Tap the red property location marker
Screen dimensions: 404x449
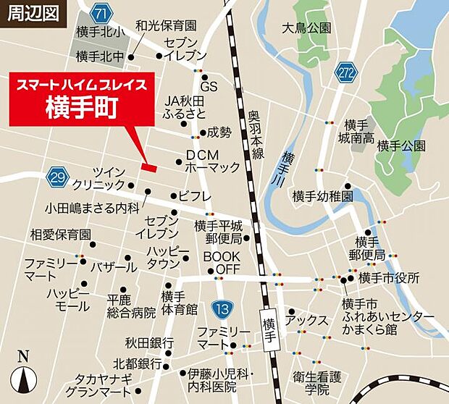[x=148, y=167]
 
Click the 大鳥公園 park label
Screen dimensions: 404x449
[x=306, y=28]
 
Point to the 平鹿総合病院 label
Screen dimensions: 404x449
[x=131, y=306]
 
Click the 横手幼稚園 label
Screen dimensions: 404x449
[x=322, y=196]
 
